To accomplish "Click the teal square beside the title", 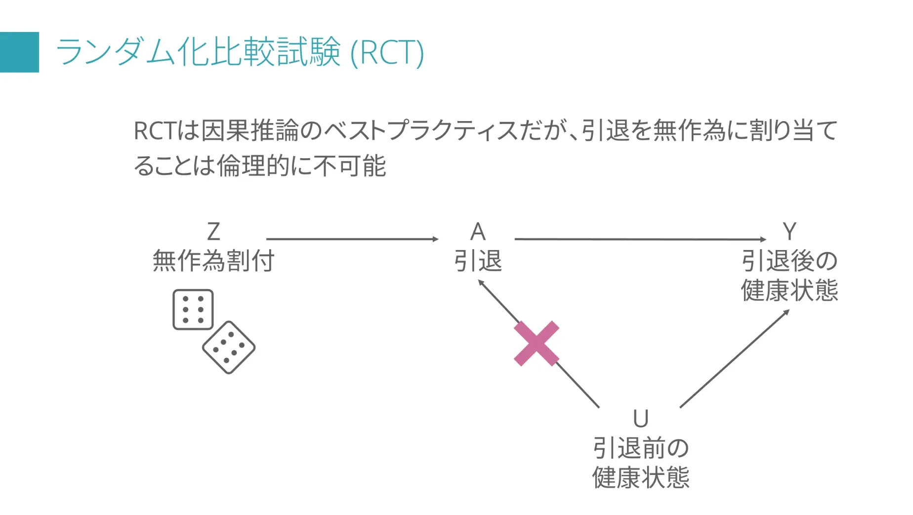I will click(x=19, y=52).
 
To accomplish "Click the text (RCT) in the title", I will click(x=387, y=52).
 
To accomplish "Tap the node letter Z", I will click(x=213, y=232).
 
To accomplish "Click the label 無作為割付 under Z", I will click(x=213, y=260).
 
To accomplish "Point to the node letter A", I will click(x=478, y=232).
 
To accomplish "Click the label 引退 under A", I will click(x=478, y=260).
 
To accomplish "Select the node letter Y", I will click(x=789, y=232).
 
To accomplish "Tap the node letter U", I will click(x=641, y=419).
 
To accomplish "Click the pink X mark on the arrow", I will click(x=537, y=343).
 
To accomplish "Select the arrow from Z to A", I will click(x=352, y=239).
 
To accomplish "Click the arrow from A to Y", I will click(x=640, y=239).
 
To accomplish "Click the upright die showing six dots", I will click(x=193, y=309).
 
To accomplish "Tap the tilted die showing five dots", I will click(x=229, y=347).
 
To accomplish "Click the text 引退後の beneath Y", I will click(x=789, y=260).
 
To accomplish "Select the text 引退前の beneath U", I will click(x=641, y=448).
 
